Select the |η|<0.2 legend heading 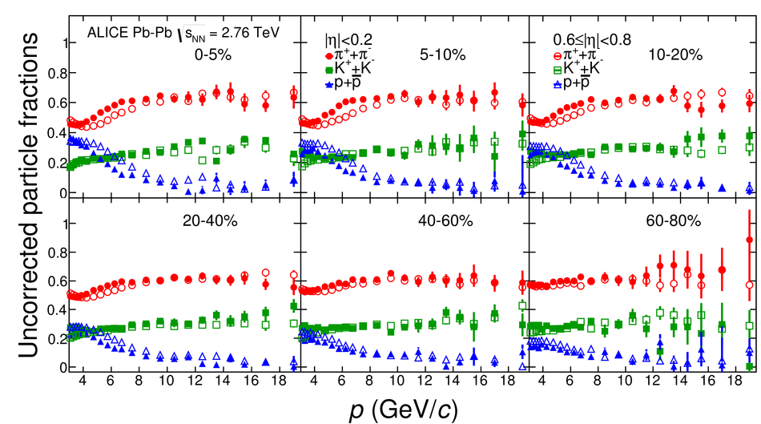pos(348,38)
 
